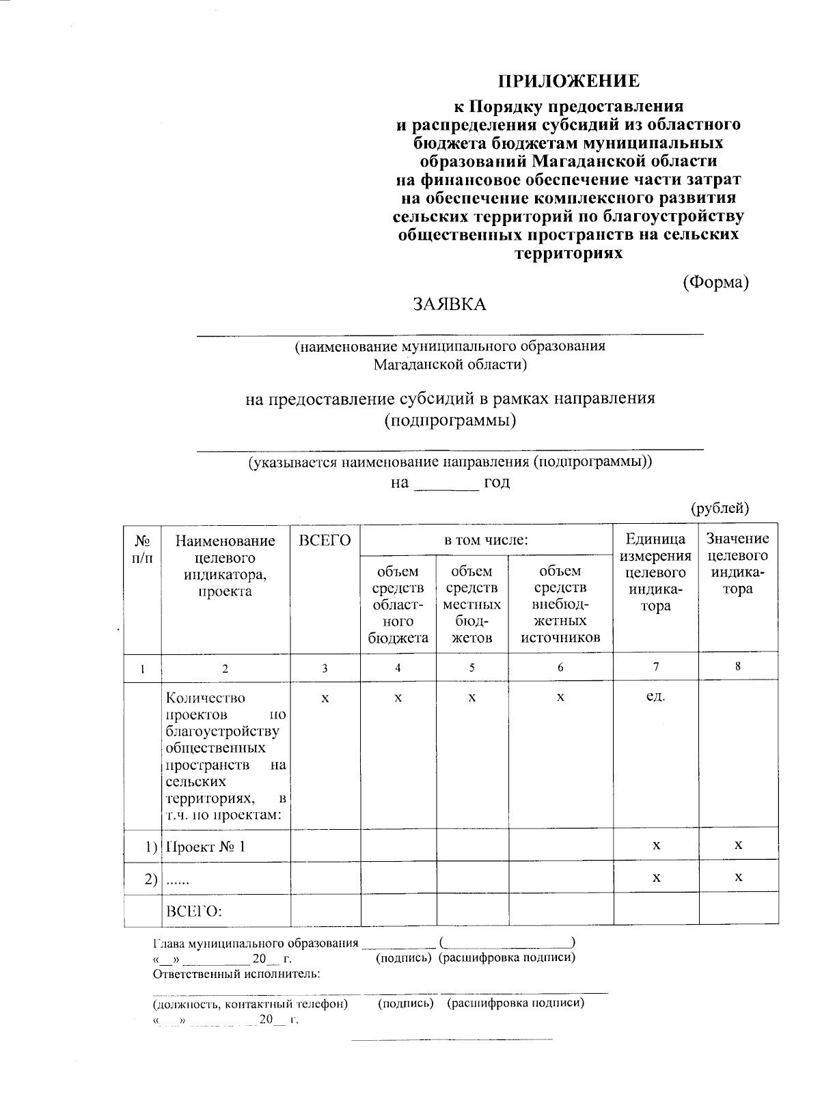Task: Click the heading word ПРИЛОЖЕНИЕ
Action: [x=569, y=81]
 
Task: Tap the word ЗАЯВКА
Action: [x=449, y=305]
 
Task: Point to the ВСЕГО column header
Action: [x=325, y=541]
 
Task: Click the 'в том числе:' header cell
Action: [x=486, y=540]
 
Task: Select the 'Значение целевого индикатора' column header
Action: [x=737, y=563]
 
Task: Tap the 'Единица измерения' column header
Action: [x=655, y=572]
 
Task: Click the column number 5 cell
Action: [x=472, y=667]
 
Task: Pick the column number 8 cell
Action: [x=738, y=667]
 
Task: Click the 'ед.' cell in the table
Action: [x=655, y=698]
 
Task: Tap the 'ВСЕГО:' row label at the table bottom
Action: [x=195, y=911]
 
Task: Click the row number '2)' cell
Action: [x=151, y=879]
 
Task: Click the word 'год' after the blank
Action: [x=497, y=483]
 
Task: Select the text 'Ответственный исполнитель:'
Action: [x=236, y=973]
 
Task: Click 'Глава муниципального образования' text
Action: [x=254, y=943]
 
